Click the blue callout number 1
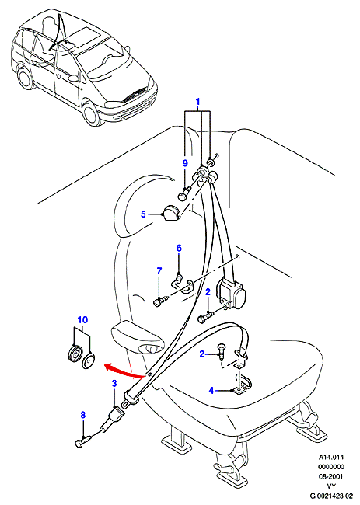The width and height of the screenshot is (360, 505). click(198, 102)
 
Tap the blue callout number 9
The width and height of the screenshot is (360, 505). click(185, 163)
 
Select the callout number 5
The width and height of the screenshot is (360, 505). click(143, 214)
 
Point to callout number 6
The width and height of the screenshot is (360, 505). click(179, 248)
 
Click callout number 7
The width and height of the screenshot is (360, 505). click(159, 271)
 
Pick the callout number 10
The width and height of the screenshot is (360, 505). click(82, 320)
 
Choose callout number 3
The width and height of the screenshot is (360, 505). click(114, 383)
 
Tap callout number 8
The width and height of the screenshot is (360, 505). click(83, 415)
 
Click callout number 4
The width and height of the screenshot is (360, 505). click(211, 391)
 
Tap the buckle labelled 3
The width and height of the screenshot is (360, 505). click(111, 418)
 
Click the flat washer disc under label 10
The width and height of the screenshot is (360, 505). click(89, 360)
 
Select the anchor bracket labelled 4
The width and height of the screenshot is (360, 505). click(243, 385)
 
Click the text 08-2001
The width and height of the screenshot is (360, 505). click(331, 476)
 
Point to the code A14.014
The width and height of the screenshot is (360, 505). click(332, 457)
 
